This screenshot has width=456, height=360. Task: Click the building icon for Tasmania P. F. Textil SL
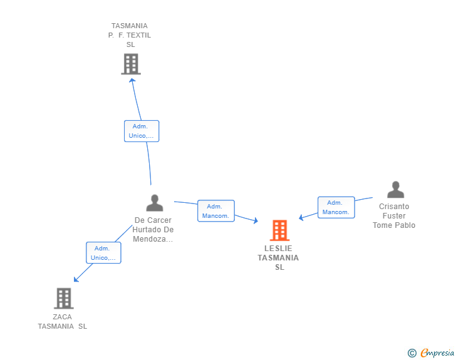tap(130, 64)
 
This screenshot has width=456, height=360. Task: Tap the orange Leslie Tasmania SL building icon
tap(279, 230)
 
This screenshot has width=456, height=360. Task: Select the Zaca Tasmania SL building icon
tap(63, 299)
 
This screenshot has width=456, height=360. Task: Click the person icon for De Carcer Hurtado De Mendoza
tap(154, 203)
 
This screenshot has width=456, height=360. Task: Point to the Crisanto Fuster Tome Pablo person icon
tap(395, 190)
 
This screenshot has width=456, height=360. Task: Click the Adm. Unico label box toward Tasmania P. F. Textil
tap(142, 131)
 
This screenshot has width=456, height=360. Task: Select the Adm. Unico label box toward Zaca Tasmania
tap(103, 252)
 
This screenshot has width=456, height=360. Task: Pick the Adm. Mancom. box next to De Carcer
tap(215, 211)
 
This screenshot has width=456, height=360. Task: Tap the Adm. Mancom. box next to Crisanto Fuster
tap(336, 207)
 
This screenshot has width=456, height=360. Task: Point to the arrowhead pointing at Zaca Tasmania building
tap(75, 279)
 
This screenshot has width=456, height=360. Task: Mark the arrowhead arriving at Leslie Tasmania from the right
tap(301, 218)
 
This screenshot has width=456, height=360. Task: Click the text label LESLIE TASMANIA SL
tap(278, 257)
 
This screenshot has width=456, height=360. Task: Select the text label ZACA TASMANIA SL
tap(63, 321)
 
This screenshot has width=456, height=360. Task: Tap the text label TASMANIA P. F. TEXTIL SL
tap(130, 35)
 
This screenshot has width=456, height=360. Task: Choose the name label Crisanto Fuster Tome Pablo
tap(394, 216)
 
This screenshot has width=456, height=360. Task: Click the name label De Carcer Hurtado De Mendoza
tap(153, 230)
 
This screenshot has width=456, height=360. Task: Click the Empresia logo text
tap(437, 353)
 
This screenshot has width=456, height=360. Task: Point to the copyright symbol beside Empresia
tap(412, 353)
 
